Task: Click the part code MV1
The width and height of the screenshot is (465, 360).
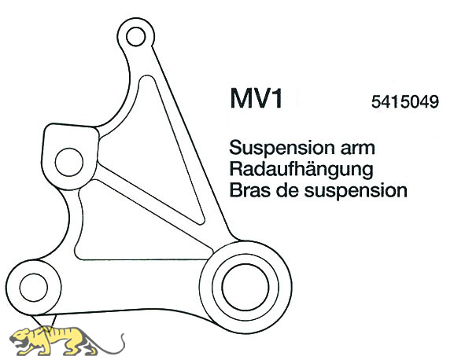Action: tap(256, 98)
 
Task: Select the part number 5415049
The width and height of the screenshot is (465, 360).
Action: tap(404, 102)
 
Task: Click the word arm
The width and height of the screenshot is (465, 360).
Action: tap(358, 148)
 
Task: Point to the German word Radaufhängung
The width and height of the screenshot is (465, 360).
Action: tap(301, 170)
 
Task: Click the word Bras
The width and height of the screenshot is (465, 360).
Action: tap(249, 190)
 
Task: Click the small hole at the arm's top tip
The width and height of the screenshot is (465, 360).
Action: tap(135, 36)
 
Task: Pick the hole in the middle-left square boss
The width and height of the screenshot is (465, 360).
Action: tap(69, 162)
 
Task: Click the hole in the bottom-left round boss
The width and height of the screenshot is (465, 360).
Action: tap(34, 288)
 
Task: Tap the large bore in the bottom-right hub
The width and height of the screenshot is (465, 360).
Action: tap(245, 287)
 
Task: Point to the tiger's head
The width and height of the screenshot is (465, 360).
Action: tap(22, 338)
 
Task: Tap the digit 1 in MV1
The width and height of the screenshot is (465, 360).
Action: tap(277, 98)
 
